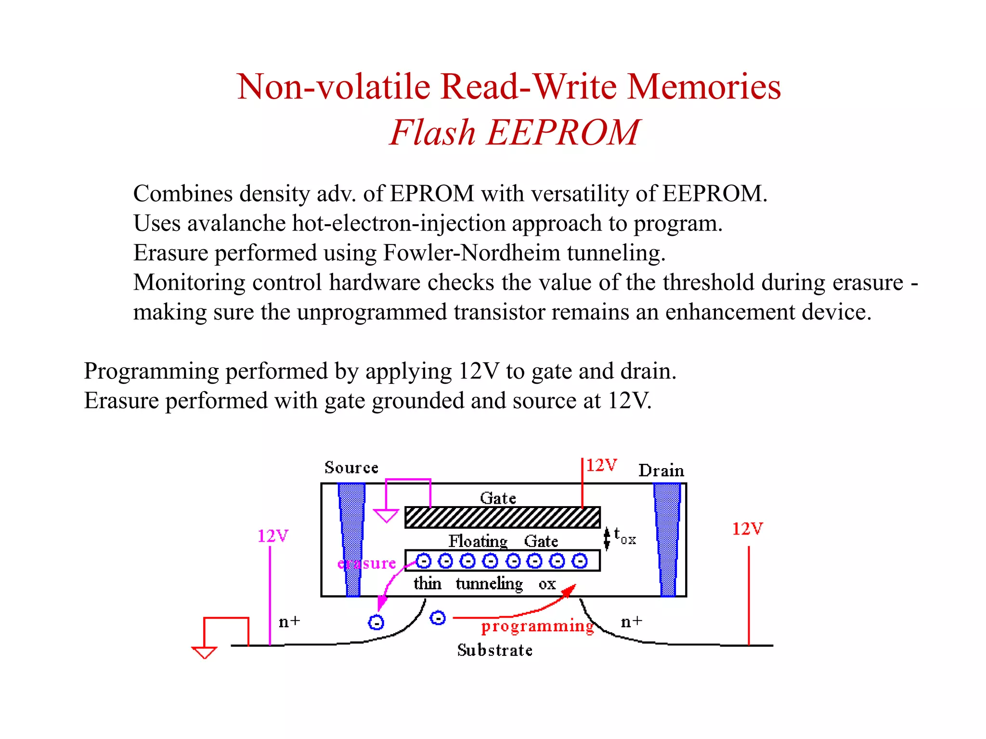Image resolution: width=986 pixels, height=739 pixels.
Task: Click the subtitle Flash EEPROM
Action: pos(514,132)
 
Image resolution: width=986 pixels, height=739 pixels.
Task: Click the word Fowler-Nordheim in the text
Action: pos(471,253)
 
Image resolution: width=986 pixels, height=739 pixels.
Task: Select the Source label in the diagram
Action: pos(351,468)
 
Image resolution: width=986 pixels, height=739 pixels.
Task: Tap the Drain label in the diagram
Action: pos(661,471)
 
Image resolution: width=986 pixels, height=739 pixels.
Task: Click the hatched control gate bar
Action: pos(502,517)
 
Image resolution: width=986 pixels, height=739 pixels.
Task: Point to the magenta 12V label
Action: pos(272,536)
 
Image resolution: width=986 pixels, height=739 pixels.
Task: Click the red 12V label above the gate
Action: pos(601,465)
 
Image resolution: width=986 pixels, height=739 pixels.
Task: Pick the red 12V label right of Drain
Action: pos(747,529)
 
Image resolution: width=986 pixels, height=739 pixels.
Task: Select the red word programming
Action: pos(537,626)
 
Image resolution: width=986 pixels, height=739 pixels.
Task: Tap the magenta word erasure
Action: pos(367,563)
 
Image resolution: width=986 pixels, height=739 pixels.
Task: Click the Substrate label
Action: pos(494,650)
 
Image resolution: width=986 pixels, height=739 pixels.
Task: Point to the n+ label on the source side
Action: pos(289,622)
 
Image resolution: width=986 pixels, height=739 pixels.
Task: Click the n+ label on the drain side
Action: pos(631,622)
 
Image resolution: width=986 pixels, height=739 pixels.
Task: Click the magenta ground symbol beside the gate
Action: pos(386,516)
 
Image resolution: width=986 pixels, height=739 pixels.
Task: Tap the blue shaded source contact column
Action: pos(352,539)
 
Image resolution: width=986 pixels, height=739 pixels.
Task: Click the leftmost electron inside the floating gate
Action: pos(423,561)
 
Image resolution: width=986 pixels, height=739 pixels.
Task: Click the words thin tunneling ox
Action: pos(484,584)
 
